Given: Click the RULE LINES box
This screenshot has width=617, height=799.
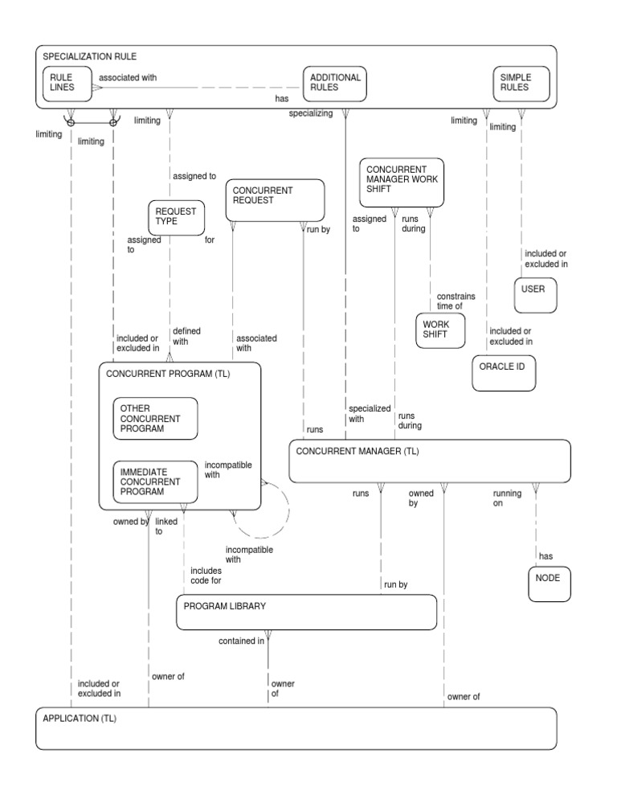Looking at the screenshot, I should (67, 84).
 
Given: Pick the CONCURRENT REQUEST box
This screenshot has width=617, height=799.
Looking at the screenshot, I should (276, 200).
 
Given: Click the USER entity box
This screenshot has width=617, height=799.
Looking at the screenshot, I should (536, 294).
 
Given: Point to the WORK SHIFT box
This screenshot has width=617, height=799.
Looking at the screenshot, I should (439, 330).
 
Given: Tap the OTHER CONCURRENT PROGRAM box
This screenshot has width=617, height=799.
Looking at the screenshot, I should (154, 418).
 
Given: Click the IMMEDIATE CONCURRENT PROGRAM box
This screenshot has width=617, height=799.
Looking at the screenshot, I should (154, 481).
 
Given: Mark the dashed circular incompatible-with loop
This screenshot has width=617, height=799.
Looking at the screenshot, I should (259, 509).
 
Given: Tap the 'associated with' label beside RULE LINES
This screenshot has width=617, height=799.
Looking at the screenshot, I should (127, 78).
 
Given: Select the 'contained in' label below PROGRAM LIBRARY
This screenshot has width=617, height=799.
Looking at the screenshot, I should (241, 641).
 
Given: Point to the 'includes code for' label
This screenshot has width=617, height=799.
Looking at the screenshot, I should (206, 576).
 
